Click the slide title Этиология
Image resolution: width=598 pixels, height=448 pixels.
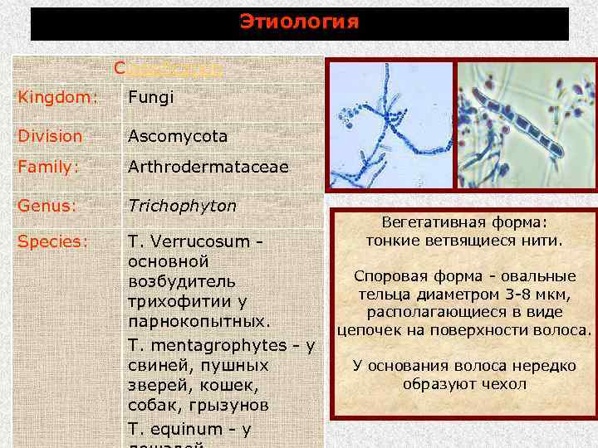pyautogui.click(x=299, y=22)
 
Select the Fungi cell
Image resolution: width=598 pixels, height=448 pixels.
pyautogui.click(x=150, y=98)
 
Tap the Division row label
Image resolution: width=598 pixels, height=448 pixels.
pyautogui.click(x=51, y=135)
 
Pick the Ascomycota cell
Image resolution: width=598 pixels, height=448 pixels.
pyautogui.click(x=178, y=135)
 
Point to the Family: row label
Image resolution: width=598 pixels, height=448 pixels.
pyautogui.click(x=51, y=167)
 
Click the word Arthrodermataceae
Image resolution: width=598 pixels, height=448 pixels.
pyautogui.click(x=208, y=167)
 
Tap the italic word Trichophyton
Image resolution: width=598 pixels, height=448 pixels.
pyautogui.click(x=182, y=205)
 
